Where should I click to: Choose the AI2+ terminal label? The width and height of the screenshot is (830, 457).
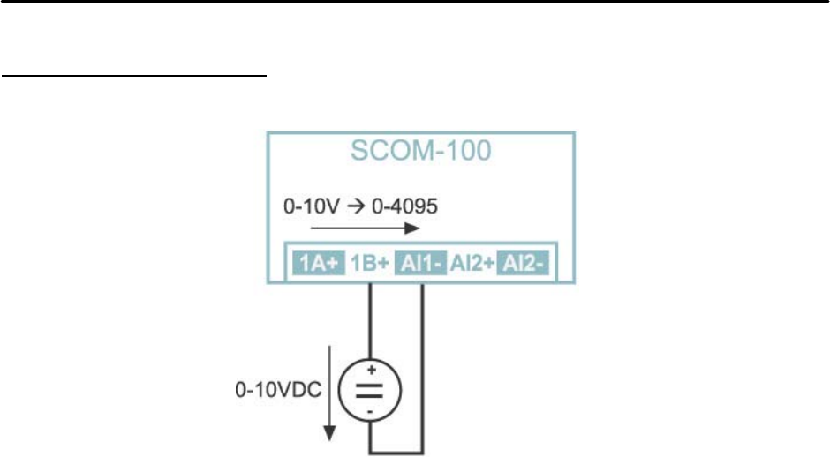(473, 262)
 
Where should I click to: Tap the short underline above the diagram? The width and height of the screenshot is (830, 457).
(134, 76)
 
